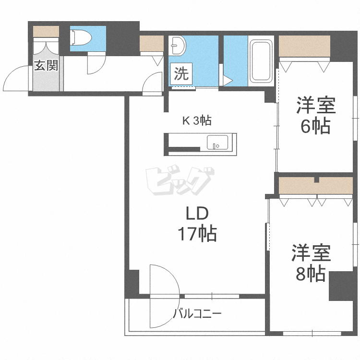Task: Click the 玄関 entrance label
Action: (46, 66)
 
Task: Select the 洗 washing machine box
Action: (181, 74)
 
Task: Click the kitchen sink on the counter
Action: (218, 143)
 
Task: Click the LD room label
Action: (196, 213)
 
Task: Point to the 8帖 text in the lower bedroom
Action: (310, 274)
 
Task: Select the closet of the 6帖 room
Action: (304, 47)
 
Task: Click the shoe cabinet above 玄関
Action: (46, 31)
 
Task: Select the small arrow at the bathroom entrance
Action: (228, 80)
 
